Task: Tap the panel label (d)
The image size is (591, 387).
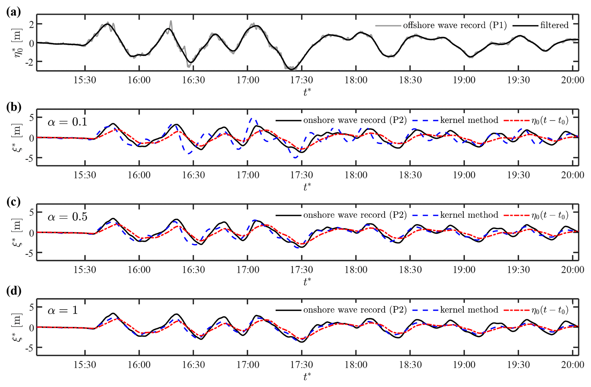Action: pos(13,291)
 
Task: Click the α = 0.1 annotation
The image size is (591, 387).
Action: pos(67,122)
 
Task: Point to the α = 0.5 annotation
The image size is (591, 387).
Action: pos(67,217)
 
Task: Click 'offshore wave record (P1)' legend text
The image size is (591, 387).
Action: pos(455,25)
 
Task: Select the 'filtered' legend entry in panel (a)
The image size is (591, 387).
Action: pos(554,25)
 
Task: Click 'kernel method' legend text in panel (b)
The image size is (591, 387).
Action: pos(469,120)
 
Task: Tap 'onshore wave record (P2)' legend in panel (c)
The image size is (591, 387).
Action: pos(355,215)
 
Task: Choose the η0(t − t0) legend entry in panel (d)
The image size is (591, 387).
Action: pos(550,310)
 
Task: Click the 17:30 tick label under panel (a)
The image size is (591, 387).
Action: pos(302,80)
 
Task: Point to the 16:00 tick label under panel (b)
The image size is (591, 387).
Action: pos(139,175)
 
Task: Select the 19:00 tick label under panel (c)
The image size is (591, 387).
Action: pos(464,270)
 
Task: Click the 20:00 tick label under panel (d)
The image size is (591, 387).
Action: pos(572,365)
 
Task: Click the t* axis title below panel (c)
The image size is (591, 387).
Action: pos(307,282)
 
